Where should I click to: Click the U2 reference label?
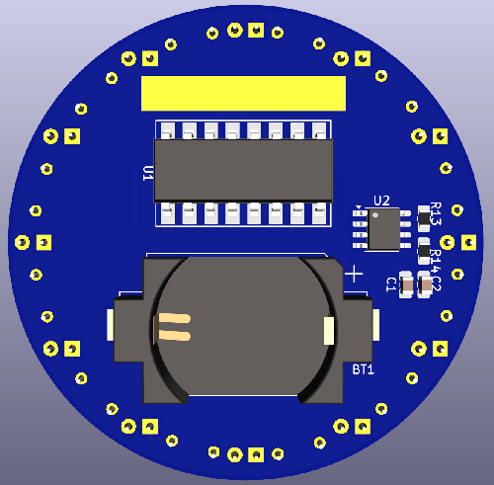tap(381, 202)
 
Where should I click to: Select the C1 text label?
tap(391, 284)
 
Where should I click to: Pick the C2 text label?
tap(437, 284)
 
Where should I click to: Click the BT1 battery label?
tap(364, 369)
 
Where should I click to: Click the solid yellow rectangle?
tap(243, 94)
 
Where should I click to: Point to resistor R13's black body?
tap(426, 218)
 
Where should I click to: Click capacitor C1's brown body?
tap(404, 283)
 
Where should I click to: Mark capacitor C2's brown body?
tap(425, 283)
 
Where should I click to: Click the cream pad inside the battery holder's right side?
tap(330, 332)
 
